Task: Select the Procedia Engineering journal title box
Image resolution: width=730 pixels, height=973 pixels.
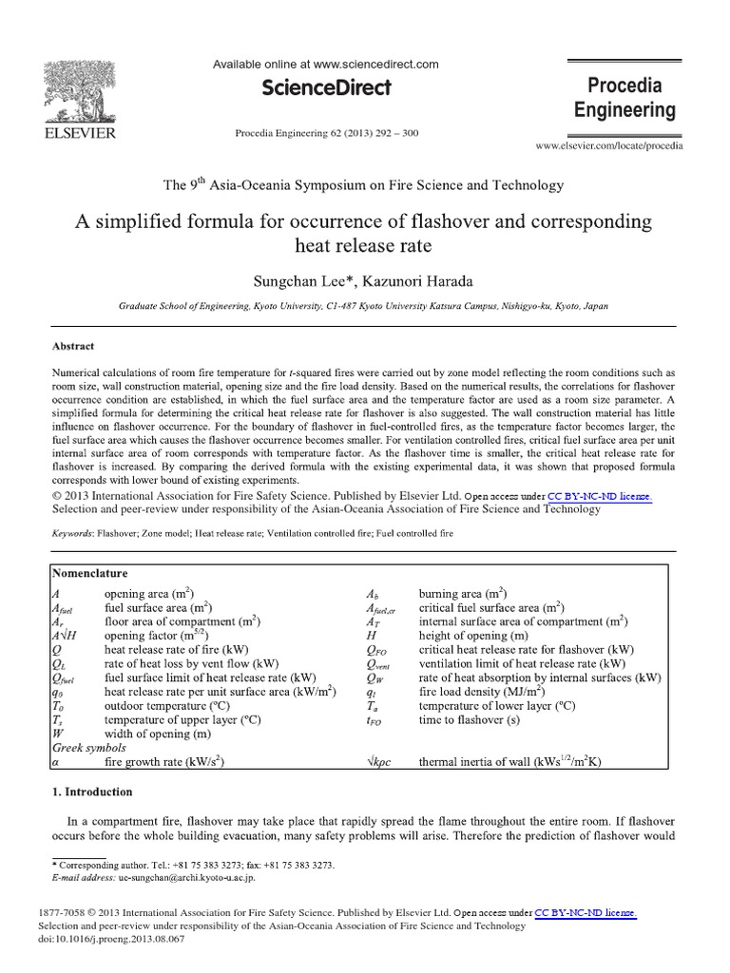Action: pos(624,98)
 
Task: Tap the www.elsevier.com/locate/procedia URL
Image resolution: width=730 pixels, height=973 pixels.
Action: pos(608,146)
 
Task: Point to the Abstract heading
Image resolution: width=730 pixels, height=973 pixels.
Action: pos(72,347)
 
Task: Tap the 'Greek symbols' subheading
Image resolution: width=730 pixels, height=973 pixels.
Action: pos(90,749)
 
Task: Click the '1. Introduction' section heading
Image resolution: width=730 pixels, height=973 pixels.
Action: pos(91,792)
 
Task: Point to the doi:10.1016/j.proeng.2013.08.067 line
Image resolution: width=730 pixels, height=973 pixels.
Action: pos(111,938)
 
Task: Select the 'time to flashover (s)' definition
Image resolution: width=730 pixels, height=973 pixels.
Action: pos(471,735)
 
